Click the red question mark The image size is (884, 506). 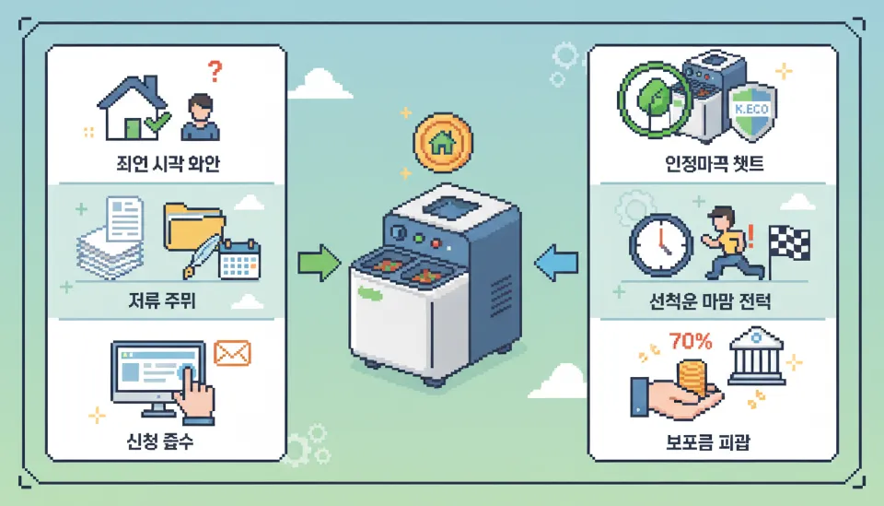click(x=215, y=71)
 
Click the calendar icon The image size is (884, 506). click(x=239, y=260)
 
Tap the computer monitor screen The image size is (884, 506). click(x=157, y=372)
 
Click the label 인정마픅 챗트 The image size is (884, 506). click(x=714, y=167)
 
